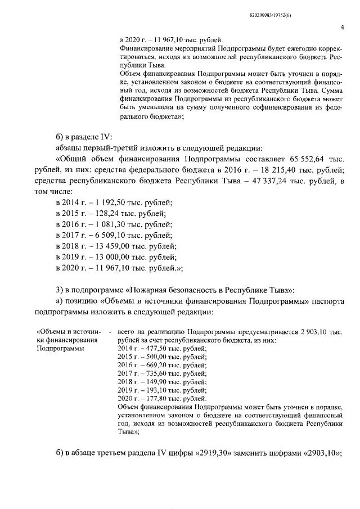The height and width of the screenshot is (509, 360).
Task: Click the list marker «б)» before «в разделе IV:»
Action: point(61,136)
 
